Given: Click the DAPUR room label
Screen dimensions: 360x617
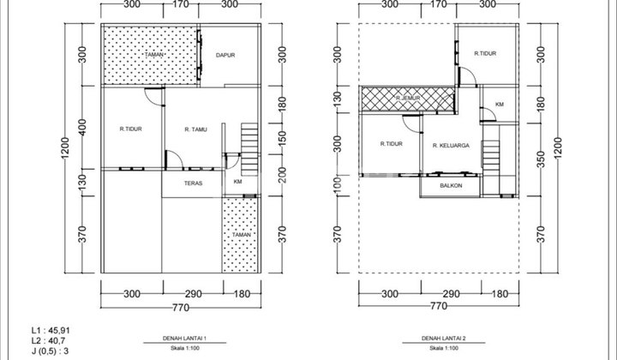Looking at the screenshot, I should pyautogui.click(x=225, y=57).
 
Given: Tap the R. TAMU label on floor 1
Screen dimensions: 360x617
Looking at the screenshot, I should pyautogui.click(x=198, y=129).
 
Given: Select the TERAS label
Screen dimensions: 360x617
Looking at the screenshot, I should pyautogui.click(x=193, y=183).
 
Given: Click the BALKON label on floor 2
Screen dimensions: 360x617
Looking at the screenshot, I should pyautogui.click(x=452, y=185).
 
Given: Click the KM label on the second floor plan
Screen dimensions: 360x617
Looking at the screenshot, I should pyautogui.click(x=499, y=105).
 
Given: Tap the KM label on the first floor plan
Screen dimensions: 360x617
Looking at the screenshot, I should pyautogui.click(x=237, y=182).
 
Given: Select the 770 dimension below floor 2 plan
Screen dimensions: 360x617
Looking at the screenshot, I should pyautogui.click(x=438, y=304).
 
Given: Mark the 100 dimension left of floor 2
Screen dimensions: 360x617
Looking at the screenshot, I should pyautogui.click(x=338, y=184).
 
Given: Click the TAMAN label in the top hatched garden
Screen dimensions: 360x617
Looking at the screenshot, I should pyautogui.click(x=154, y=55).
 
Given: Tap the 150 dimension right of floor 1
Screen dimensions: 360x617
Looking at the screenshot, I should pyautogui.click(x=284, y=136).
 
